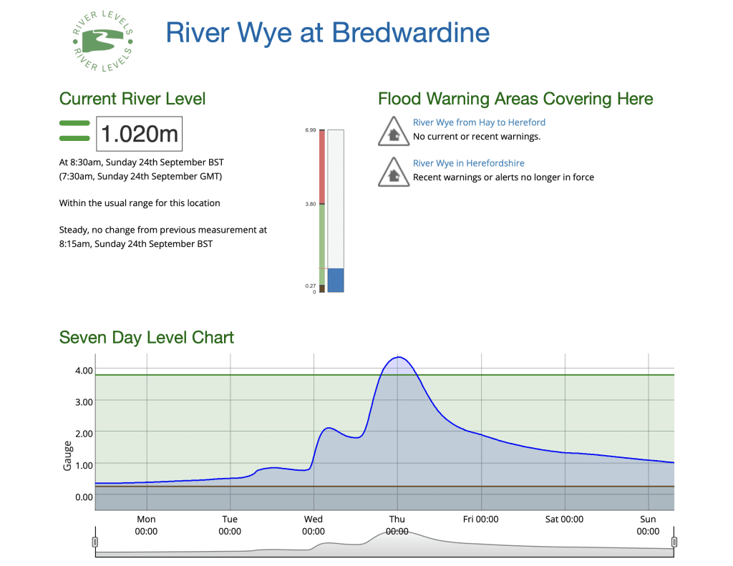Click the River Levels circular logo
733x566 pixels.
tap(103, 41)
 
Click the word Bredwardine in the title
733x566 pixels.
tap(411, 33)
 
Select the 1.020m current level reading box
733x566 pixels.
tap(140, 134)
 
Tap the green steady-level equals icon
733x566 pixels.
tap(74, 131)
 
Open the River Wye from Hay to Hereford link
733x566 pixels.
tap(479, 122)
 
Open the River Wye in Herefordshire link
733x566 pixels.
tap(468, 163)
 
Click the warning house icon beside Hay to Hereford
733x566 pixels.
tap(394, 132)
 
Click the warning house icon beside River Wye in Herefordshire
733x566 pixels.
tap(394, 172)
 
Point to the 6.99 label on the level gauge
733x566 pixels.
tap(311, 130)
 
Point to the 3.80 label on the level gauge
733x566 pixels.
tap(311, 204)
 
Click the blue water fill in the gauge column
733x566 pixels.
tap(336, 280)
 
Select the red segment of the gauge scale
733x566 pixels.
tap(322, 167)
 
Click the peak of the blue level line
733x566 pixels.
tap(398, 357)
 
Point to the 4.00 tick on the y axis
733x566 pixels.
tap(84, 371)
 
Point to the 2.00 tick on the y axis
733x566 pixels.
tap(84, 433)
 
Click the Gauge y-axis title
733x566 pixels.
tap(67, 456)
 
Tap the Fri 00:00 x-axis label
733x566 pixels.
tap(480, 519)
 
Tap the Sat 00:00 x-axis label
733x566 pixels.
tap(564, 519)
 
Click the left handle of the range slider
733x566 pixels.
tap(95, 542)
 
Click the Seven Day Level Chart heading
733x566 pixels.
tap(146, 338)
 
